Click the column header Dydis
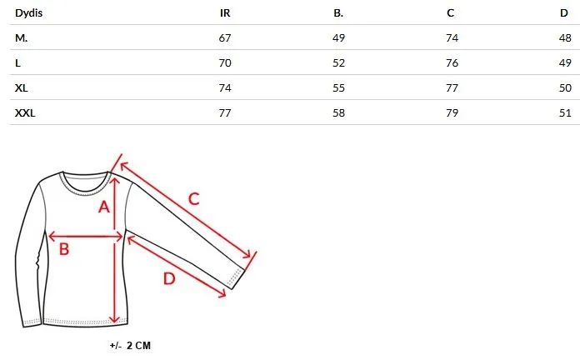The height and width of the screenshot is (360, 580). (29, 13)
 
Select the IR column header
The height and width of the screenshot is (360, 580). (225, 13)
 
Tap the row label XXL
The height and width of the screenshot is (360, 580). (25, 112)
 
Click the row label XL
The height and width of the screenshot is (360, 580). (22, 88)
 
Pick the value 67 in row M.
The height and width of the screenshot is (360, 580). (225, 38)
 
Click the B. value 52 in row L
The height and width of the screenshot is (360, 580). (338, 62)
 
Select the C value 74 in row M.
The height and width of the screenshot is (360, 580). (452, 38)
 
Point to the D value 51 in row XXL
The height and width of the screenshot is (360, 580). (565, 112)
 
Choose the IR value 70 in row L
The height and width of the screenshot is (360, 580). (225, 62)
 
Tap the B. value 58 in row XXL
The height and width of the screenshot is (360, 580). (338, 112)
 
